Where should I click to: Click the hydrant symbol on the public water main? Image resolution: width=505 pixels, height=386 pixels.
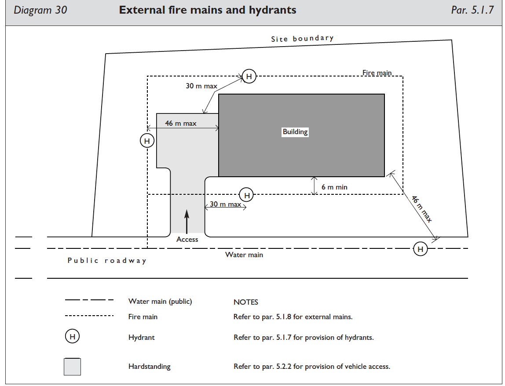tap(421, 249)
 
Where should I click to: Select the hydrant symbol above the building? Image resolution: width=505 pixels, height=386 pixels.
tap(249, 76)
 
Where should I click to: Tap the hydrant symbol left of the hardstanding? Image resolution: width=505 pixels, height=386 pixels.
tap(147, 141)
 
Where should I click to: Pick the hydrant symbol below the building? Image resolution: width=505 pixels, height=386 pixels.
tap(247, 195)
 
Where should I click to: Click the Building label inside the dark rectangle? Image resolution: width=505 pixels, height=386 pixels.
tap(295, 132)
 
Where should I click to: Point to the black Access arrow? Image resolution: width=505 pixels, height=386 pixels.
tap(187, 222)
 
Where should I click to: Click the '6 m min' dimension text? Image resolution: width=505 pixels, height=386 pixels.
tap(334, 187)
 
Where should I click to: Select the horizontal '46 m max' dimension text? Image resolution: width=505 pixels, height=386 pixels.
tap(181, 124)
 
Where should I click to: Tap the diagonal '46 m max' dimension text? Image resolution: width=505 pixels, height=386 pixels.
tap(422, 209)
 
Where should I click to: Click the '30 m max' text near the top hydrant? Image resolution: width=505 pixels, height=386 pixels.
tap(201, 86)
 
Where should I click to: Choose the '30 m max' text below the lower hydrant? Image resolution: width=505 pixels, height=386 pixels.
tap(225, 204)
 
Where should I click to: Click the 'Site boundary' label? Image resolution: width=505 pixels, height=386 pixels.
tap(302, 39)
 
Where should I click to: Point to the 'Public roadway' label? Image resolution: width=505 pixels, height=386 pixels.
tap(107, 261)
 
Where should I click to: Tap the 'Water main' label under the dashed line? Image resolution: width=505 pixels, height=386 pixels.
tap(244, 255)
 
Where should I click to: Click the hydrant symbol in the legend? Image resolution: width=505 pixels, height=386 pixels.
tap(73, 337)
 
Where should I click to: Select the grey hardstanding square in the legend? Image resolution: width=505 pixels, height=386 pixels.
tap(73, 367)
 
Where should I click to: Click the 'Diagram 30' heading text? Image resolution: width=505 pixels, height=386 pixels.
tap(40, 10)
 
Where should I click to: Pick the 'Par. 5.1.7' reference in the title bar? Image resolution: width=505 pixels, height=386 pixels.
tap(472, 10)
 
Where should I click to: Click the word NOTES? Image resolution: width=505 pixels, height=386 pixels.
tap(246, 302)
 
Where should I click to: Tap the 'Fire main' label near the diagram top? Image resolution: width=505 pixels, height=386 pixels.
tap(377, 73)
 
